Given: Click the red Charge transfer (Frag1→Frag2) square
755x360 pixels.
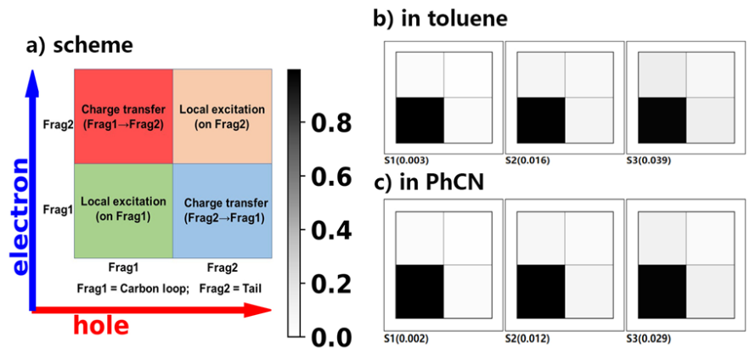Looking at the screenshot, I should (x=124, y=115).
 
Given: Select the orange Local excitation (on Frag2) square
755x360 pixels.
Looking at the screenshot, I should (x=223, y=115).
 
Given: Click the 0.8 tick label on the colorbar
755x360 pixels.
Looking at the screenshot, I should (x=332, y=124).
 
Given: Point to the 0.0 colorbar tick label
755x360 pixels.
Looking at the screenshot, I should (x=332, y=337).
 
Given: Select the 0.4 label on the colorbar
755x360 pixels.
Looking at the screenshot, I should (x=332, y=231).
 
